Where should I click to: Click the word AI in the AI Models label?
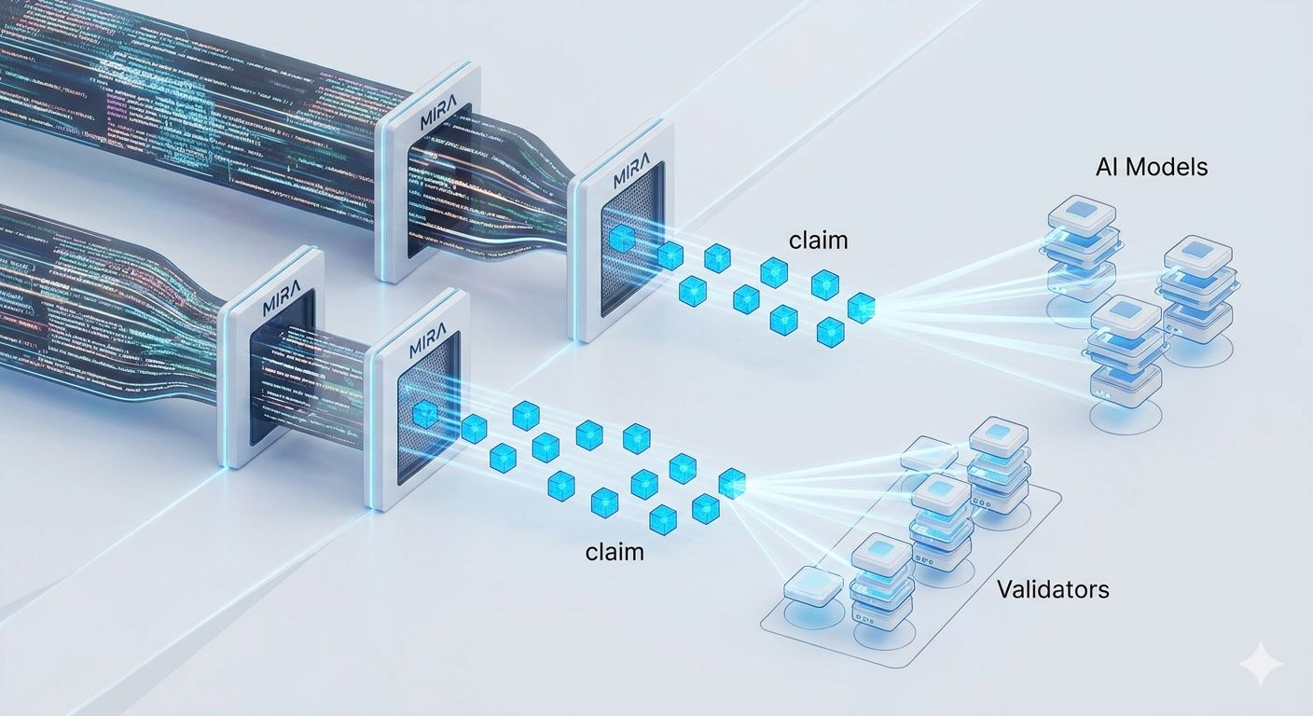[1107, 168]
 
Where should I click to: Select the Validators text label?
[1053, 589]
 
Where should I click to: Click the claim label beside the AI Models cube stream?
[819, 240]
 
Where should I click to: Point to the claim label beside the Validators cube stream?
[615, 551]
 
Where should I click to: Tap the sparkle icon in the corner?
[1261, 664]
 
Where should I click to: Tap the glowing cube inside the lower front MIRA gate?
[425, 413]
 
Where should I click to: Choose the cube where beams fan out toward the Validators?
[732, 482]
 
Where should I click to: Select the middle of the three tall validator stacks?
[941, 521]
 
